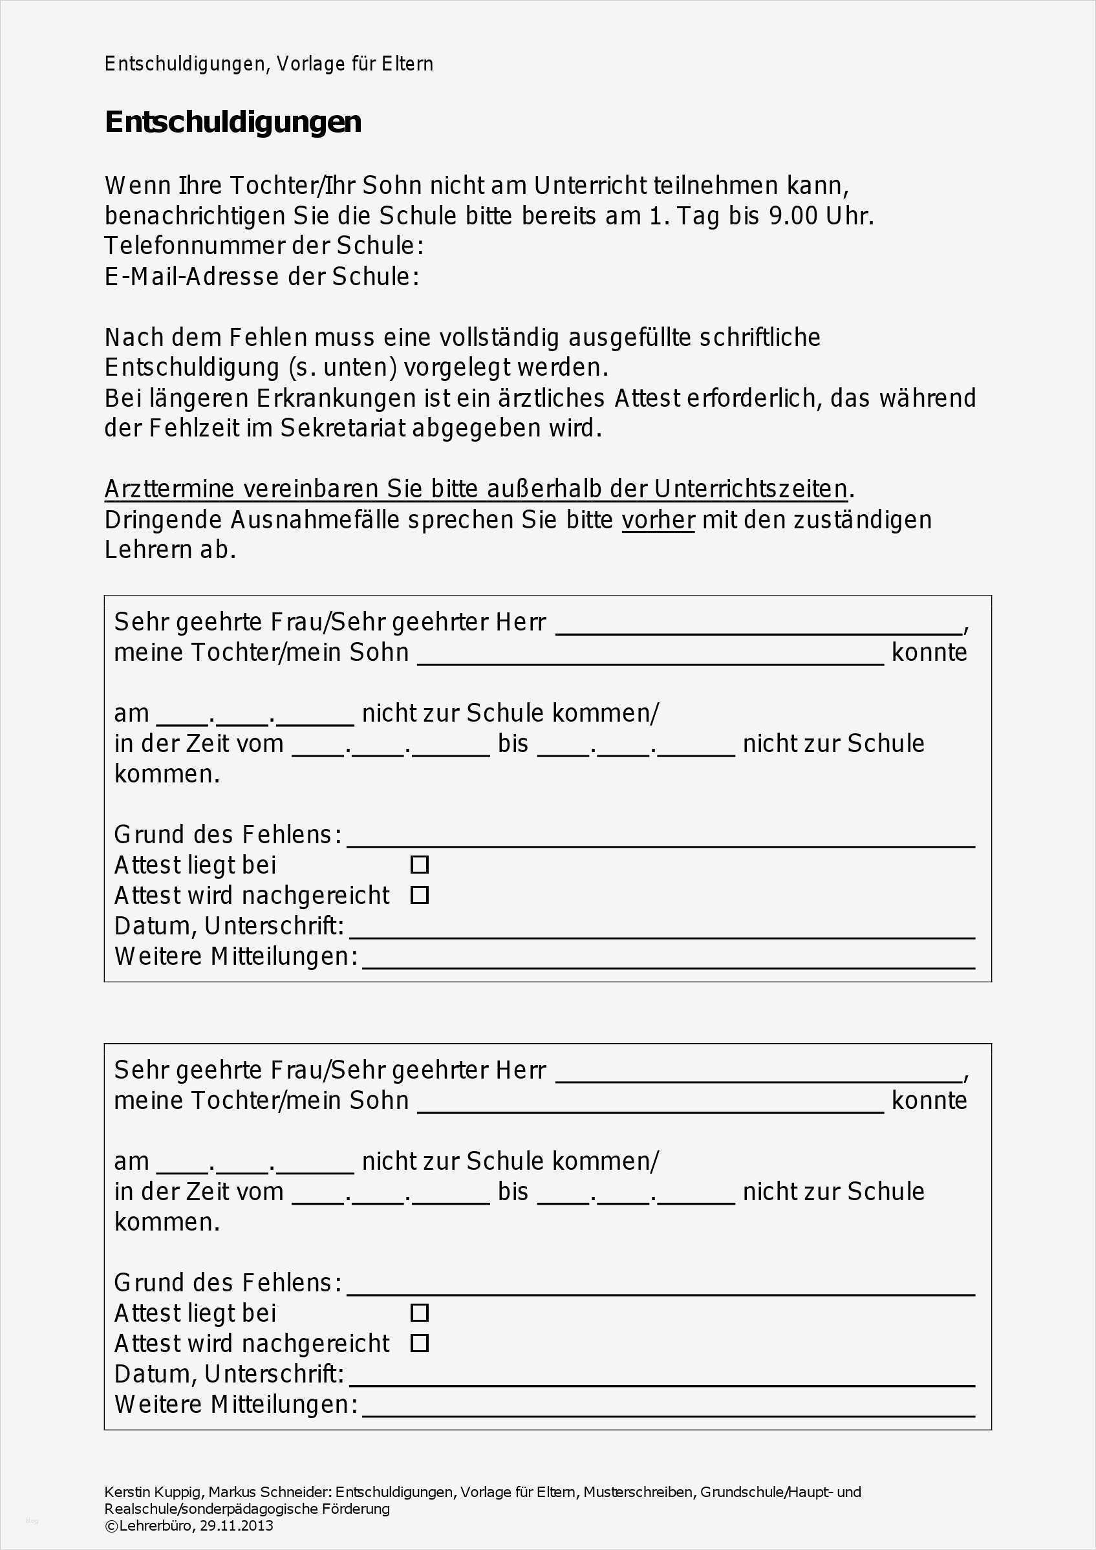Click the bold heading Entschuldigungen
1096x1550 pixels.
click(x=233, y=122)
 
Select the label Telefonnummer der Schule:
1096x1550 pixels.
click(x=264, y=246)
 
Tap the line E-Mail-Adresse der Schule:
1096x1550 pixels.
click(x=262, y=276)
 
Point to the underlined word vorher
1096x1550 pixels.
click(x=658, y=520)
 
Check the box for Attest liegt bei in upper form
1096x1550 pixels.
click(x=419, y=865)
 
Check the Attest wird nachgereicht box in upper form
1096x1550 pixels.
click(x=419, y=895)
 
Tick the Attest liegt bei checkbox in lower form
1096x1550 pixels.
click(x=419, y=1313)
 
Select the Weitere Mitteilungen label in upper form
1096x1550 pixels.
click(x=235, y=956)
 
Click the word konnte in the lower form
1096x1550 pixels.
click(x=929, y=1101)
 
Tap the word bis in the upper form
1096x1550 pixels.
click(x=513, y=743)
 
